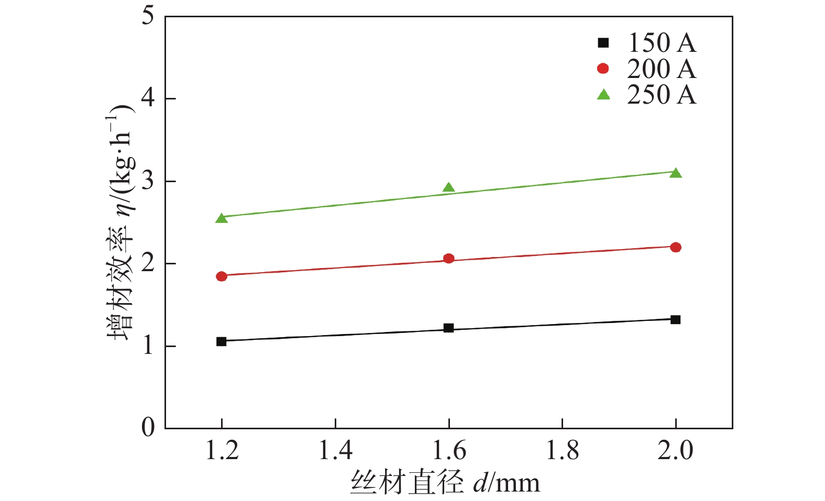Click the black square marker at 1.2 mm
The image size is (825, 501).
pos(221,341)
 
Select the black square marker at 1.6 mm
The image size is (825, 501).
pos(448,328)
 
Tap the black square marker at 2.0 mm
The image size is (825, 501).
pos(675,319)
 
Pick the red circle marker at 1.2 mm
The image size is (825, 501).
pos(221,276)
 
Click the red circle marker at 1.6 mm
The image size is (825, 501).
pos(448,258)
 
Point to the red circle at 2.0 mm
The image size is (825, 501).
pos(675,247)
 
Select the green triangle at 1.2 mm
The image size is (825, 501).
pos(221,218)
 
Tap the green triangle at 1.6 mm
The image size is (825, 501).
pos(448,188)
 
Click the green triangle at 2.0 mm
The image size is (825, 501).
pos(675,173)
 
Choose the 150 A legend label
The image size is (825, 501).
pos(662,43)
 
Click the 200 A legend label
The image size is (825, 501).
pos(662,69)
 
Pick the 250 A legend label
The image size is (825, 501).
pos(662,95)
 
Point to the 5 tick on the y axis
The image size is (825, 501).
pos(148,16)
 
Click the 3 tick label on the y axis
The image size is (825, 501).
pos(148,181)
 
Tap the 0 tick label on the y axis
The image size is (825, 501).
pos(148,428)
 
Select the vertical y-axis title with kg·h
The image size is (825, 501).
pos(121,222)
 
